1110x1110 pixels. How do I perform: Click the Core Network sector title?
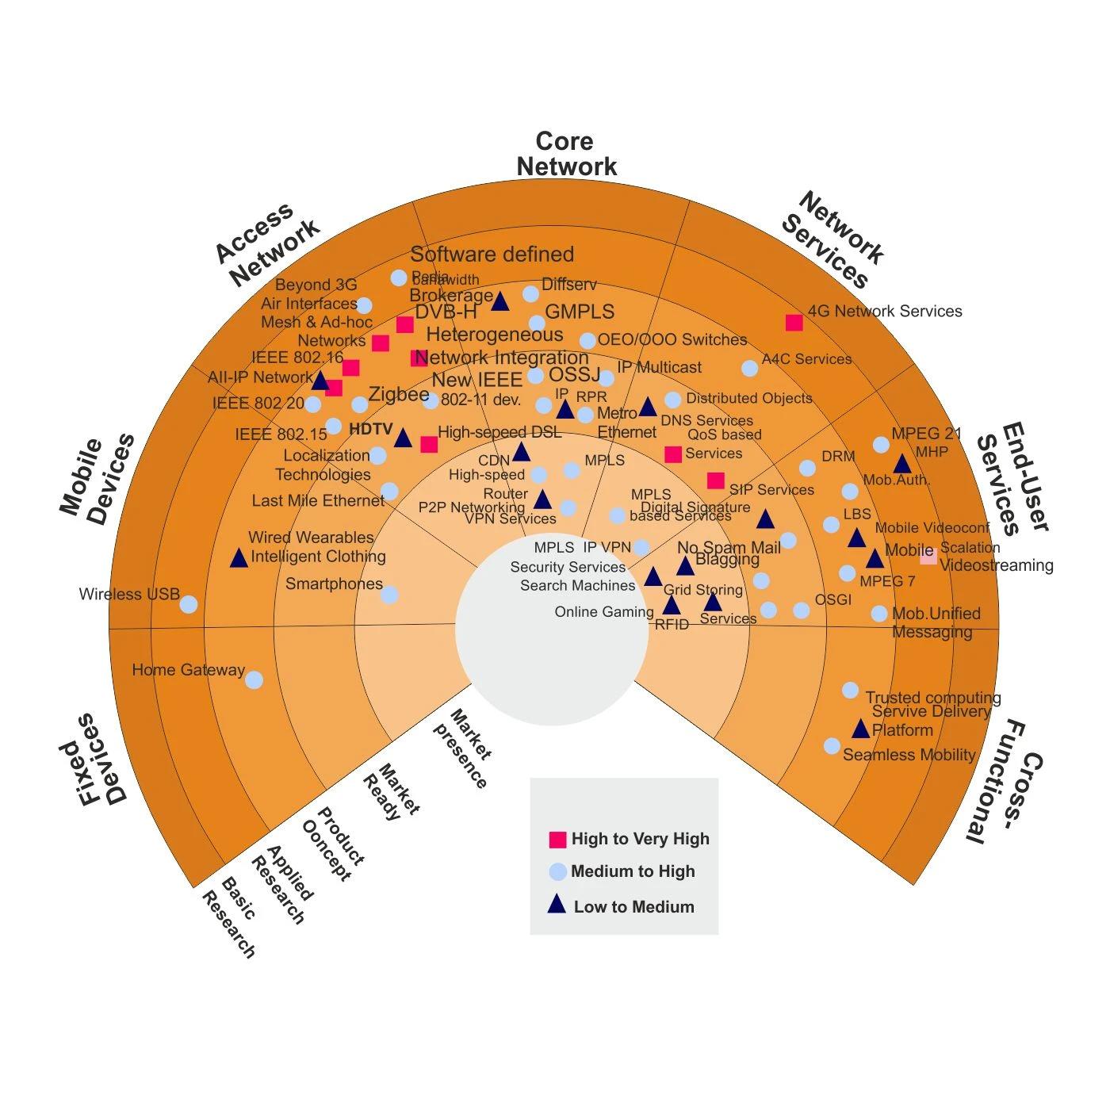coord(565,154)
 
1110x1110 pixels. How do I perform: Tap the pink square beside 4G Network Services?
coord(794,323)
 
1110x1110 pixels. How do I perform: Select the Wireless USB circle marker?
coord(188,604)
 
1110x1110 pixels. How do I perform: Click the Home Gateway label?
coord(188,670)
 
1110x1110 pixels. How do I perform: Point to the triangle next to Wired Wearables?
coord(239,558)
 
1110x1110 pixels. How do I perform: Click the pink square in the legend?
coord(557,840)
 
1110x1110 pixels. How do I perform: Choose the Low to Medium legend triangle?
coord(557,905)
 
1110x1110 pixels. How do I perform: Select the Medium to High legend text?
coord(633,871)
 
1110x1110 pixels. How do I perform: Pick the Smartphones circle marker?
coord(389,595)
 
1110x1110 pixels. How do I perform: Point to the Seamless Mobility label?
coord(909,755)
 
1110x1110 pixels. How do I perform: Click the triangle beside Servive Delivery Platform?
coord(861,729)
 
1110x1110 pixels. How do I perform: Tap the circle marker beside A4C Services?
coord(749,368)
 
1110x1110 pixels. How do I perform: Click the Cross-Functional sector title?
coord(1005,780)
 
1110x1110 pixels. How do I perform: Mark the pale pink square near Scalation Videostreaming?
coord(928,557)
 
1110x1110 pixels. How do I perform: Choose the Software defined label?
coord(492,255)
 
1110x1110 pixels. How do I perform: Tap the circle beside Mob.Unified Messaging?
coord(879,614)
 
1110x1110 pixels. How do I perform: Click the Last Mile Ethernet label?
coord(317,501)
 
